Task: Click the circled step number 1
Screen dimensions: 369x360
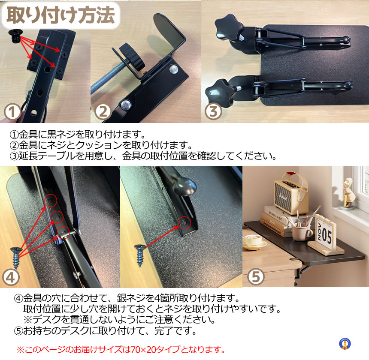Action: point(12,112)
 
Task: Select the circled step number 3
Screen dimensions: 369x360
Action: point(213,111)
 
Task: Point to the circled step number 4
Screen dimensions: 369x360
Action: point(10,278)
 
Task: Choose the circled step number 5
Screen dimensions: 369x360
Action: point(256,276)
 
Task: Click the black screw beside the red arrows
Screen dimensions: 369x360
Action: point(15,36)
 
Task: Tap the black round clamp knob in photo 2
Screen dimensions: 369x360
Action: point(131,57)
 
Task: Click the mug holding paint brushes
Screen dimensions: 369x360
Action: point(302,232)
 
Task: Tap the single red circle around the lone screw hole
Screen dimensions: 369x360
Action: point(185,223)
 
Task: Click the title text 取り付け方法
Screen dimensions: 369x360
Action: point(61,15)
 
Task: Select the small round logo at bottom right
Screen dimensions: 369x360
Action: point(345,344)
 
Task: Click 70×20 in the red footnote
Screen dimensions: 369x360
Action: point(144,349)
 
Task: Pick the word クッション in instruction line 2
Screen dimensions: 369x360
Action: point(99,145)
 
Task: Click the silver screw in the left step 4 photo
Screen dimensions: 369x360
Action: point(16,258)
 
